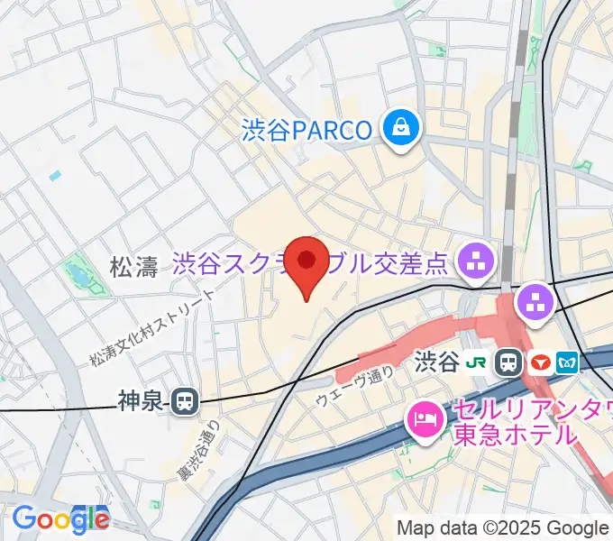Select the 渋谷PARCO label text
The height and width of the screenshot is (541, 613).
pos(306,130)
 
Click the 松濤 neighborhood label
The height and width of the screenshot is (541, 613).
pos(133,267)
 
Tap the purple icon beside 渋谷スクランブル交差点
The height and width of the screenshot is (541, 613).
pos(474,263)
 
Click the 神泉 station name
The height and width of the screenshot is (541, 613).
pos(142,400)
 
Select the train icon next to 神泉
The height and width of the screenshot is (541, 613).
pos(186,400)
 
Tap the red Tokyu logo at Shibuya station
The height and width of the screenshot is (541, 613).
pos(540,363)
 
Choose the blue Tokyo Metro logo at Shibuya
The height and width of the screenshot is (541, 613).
pos(568,363)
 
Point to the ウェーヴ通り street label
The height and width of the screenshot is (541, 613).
pos(355,385)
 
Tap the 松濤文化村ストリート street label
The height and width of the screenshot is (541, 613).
pos(153,328)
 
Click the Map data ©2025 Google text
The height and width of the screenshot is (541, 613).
pos(503,527)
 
